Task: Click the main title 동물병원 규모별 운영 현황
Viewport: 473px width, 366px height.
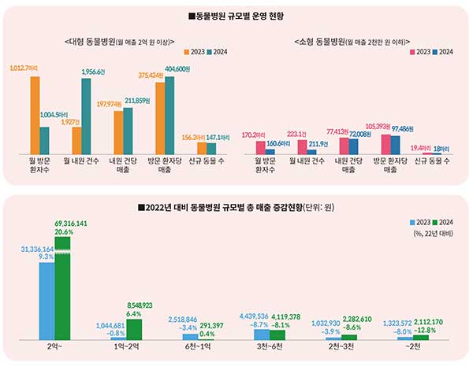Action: (236, 16)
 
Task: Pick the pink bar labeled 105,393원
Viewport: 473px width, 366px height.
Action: (385, 144)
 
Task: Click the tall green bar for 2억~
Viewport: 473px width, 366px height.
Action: (62, 291)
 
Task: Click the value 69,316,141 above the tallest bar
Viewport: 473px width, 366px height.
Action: (72, 224)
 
